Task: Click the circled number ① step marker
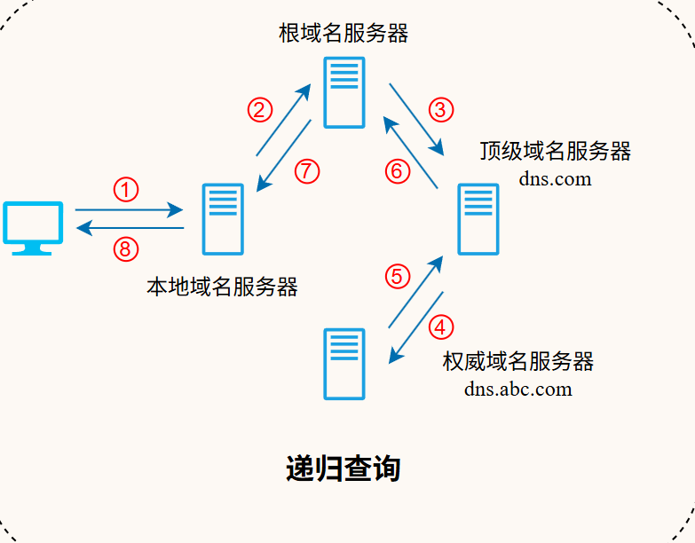pyautogui.click(x=126, y=189)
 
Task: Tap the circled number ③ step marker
pyautogui.click(x=440, y=109)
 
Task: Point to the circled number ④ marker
pyautogui.click(x=440, y=327)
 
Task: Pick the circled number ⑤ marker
pyautogui.click(x=398, y=277)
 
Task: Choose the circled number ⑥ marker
pyautogui.click(x=398, y=170)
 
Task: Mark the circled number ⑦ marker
pyautogui.click(x=306, y=170)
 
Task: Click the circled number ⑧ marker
pyautogui.click(x=126, y=249)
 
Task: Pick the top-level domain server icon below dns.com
pyautogui.click(x=478, y=219)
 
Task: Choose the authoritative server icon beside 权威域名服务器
pyautogui.click(x=344, y=364)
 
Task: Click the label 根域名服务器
pyautogui.click(x=344, y=34)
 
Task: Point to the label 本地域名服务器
pyautogui.click(x=222, y=287)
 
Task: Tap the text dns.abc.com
pyautogui.click(x=517, y=388)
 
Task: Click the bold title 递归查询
pyautogui.click(x=344, y=468)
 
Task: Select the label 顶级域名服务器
pyautogui.click(x=556, y=151)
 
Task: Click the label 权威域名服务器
pyautogui.click(x=517, y=361)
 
